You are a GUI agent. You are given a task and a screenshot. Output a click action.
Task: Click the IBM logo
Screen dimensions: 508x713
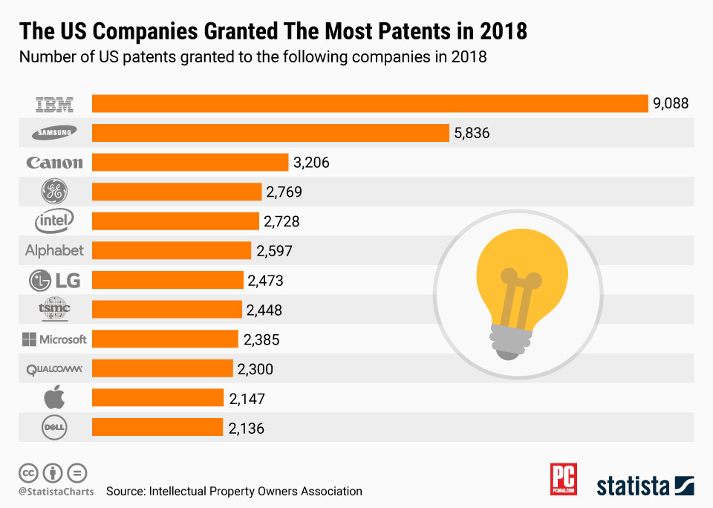(x=55, y=104)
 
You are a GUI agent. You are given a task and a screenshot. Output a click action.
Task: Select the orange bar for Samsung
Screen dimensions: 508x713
(x=270, y=133)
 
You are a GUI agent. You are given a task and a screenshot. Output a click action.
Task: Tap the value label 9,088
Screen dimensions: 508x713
(x=671, y=104)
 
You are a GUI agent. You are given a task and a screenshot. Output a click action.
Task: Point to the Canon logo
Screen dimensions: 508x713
(x=54, y=163)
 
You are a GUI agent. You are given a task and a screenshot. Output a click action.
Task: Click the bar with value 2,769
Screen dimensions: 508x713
(x=177, y=192)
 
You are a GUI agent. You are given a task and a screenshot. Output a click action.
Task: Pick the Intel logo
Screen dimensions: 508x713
(x=54, y=221)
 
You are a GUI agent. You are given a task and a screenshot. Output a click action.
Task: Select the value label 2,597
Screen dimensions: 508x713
(x=275, y=251)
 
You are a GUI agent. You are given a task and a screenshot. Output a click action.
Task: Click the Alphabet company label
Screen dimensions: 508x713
(x=54, y=251)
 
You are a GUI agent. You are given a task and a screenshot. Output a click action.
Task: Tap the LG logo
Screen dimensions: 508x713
(x=54, y=280)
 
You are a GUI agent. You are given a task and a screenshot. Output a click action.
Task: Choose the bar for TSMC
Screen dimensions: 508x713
(x=167, y=310)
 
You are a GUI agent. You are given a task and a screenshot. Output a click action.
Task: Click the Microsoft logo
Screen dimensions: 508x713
(x=54, y=339)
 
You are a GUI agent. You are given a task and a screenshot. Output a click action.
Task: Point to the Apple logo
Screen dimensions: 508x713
(x=54, y=398)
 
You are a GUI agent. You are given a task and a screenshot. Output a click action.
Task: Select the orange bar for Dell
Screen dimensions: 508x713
(x=157, y=428)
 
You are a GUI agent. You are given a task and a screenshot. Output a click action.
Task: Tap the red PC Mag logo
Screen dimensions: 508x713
(x=564, y=480)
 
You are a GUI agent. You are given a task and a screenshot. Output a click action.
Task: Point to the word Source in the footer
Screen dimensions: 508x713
(x=124, y=491)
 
